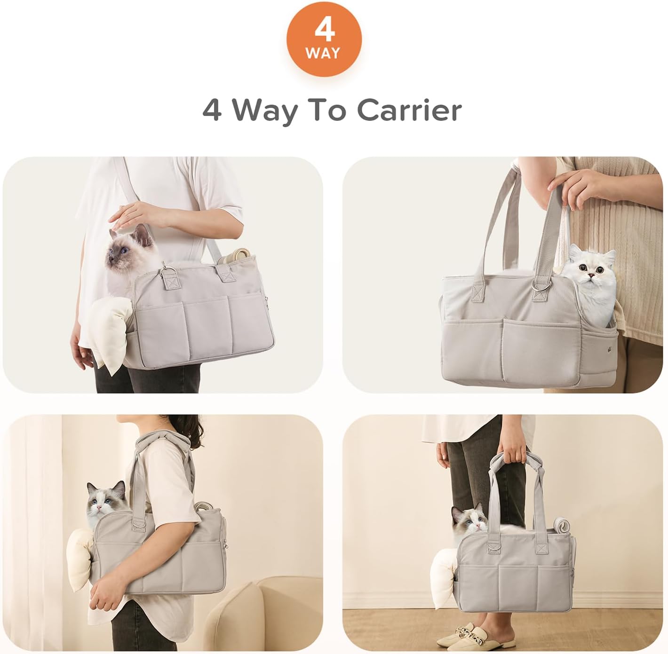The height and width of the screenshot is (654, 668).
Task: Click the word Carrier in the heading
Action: click(409, 110)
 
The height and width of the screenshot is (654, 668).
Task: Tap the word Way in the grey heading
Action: click(265, 111)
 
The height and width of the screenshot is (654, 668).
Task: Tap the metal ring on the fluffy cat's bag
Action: click(539, 285)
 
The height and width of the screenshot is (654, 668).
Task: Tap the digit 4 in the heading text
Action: click(212, 111)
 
